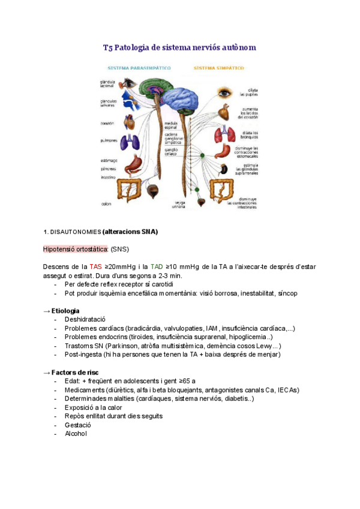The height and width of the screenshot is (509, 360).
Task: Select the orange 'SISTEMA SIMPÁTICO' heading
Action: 218,68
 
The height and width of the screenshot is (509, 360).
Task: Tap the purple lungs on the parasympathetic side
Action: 130,142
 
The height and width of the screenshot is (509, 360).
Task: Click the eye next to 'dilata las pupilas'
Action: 224,93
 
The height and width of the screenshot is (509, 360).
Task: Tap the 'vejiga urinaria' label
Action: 179,205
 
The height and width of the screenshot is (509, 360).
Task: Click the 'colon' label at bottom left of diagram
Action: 106,203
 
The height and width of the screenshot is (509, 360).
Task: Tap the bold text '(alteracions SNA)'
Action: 130,232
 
